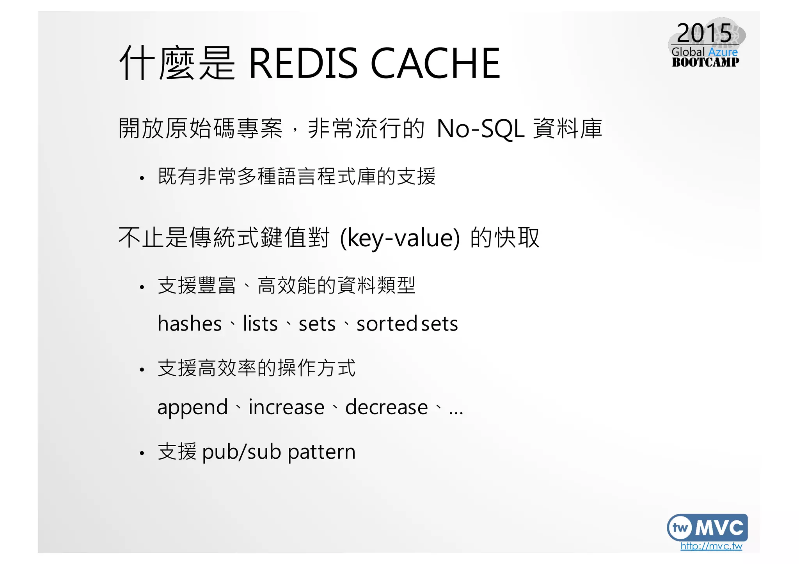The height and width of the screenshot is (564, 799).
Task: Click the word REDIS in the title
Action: click(303, 63)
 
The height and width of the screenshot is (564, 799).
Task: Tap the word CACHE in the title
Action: click(435, 63)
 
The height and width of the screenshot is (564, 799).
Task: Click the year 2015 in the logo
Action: click(704, 33)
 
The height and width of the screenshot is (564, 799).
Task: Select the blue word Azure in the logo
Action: click(723, 52)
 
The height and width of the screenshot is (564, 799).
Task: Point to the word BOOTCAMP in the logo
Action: click(705, 62)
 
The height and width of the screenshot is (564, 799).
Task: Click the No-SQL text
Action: click(480, 129)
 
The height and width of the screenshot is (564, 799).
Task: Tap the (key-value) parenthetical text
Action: click(400, 238)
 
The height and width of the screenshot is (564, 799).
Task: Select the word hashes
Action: click(190, 324)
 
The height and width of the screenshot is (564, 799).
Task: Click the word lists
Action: click(260, 324)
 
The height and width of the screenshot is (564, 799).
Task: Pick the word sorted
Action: click(387, 324)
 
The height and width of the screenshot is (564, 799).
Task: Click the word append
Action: click(192, 408)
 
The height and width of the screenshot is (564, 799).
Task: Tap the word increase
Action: click(286, 407)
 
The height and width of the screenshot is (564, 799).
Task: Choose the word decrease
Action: click(386, 407)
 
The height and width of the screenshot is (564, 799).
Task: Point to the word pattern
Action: click(321, 452)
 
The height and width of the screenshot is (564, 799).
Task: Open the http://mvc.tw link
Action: click(711, 546)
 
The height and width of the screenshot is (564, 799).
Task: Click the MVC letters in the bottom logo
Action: click(719, 528)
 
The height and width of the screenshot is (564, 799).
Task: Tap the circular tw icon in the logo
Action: click(680, 528)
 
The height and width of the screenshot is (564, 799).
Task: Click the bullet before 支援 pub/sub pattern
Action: click(142, 453)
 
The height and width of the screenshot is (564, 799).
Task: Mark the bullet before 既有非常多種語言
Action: click(142, 179)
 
